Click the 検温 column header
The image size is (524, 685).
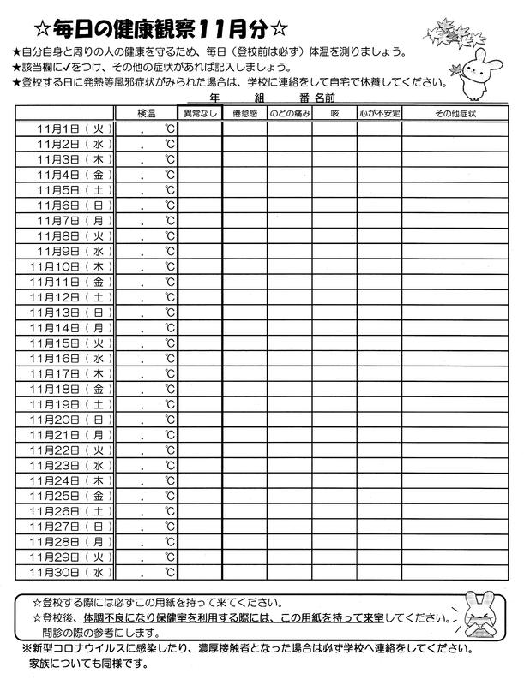tap(146, 114)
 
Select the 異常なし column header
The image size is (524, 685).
tap(199, 114)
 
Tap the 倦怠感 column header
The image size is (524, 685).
tap(244, 114)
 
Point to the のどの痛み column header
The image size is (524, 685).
tap(289, 114)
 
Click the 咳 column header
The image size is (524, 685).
tap(334, 114)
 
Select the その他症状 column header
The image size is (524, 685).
tap(455, 114)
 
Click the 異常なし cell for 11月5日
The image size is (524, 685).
tap(199, 190)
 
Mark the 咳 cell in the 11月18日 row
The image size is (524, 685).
tap(334, 389)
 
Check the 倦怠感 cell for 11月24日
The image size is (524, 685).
tap(244, 480)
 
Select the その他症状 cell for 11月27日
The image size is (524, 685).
tap(455, 526)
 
